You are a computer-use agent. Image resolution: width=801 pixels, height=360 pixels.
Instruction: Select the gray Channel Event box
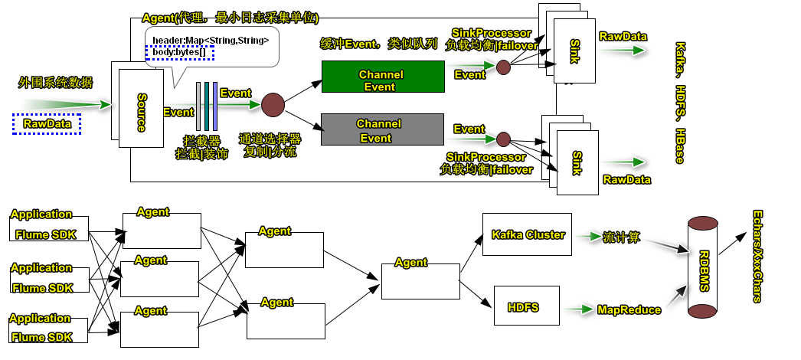pos(382,129)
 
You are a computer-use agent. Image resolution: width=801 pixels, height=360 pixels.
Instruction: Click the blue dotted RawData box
pos(47,123)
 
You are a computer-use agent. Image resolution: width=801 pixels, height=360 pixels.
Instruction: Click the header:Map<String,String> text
pos(211,40)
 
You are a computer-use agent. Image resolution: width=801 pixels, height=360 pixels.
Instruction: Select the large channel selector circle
pos(273,104)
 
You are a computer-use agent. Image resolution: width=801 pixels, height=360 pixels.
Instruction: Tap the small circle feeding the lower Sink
pos(503,139)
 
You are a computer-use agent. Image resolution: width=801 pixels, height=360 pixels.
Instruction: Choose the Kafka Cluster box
pos(528,234)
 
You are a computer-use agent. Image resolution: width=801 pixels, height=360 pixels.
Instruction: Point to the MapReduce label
pos(628,309)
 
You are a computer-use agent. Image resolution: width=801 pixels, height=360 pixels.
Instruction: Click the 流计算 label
pos(623,236)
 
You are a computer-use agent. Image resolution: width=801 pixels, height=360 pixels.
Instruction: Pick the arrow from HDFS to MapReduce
pos(581,309)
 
